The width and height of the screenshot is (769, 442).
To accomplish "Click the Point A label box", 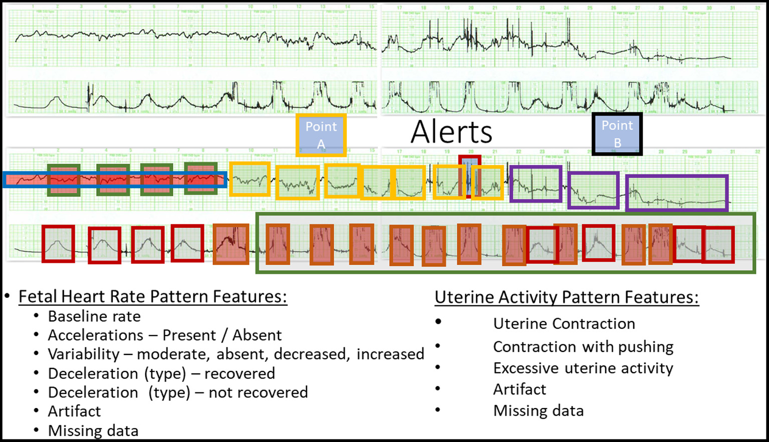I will pos(321,135).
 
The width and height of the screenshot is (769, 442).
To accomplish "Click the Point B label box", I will pos(617,134).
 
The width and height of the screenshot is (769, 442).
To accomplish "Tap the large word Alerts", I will pos(451,132).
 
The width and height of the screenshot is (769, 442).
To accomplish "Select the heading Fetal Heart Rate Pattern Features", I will pos(152,296).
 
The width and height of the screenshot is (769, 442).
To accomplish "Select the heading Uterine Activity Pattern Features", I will pos(566,297).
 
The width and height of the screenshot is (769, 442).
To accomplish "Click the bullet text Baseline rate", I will pos(94,316).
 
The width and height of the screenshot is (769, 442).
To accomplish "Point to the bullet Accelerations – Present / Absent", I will pos(164,335).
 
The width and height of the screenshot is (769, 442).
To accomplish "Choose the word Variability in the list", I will pos(83,354).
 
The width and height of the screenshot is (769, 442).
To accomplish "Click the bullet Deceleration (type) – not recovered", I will pos(177,392).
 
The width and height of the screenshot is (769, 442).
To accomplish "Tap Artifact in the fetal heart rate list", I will pos(74,411).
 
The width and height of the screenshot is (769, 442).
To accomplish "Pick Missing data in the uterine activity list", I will pos(538,410).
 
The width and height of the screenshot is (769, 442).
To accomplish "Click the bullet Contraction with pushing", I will pos(583,346).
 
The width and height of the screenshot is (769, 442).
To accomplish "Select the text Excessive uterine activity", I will pos(583,368).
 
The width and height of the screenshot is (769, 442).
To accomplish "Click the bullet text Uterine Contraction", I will pos(564,323).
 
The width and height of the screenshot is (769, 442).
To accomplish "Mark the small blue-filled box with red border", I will pos(469,176).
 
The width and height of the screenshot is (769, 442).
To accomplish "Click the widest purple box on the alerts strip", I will pos(676,193).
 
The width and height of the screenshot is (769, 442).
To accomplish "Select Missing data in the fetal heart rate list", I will pos(93,430).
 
